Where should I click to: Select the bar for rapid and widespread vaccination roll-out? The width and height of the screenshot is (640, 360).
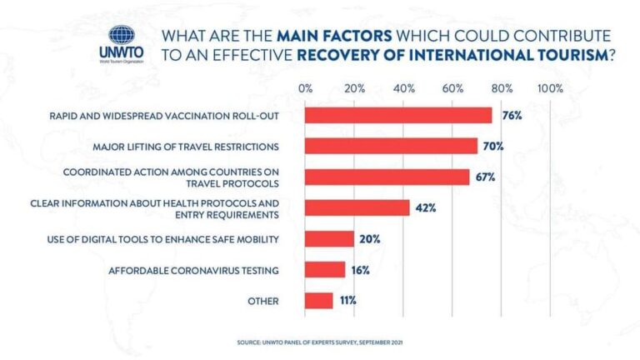click(398, 115)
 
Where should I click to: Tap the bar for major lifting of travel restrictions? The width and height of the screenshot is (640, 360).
click(391, 146)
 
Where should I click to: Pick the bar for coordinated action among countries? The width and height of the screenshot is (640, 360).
click(387, 177)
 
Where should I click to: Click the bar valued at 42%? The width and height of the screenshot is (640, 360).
click(357, 207)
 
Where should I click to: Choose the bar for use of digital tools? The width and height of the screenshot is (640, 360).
click(329, 239)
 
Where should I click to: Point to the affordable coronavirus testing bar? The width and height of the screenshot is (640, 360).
click(325, 270)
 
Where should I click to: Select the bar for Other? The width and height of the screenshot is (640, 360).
click(318, 301)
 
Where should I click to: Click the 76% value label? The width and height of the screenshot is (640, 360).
click(512, 115)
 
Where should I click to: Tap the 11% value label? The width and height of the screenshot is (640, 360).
click(347, 301)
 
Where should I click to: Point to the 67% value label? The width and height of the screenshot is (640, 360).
click(486, 177)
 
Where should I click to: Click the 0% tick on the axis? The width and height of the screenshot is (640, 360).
click(305, 88)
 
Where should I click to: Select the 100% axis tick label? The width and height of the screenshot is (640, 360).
click(551, 88)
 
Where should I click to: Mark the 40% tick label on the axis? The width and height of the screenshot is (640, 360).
click(403, 88)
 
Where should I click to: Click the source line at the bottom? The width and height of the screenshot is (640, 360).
click(319, 342)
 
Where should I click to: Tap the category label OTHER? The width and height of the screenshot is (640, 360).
click(262, 301)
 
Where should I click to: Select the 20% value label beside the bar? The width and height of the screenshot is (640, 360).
click(370, 239)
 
